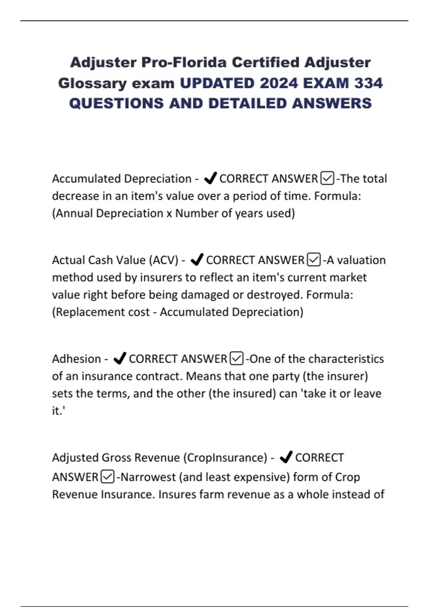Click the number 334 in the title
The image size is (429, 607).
pos(368,83)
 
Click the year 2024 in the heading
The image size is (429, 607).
pos(279,83)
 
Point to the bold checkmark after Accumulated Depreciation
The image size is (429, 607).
pos(210,178)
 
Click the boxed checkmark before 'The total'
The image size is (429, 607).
pos(327,178)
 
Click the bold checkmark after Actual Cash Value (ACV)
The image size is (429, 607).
pos(197,260)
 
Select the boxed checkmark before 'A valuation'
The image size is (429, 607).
pos(314,260)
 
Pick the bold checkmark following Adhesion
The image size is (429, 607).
pos(119,358)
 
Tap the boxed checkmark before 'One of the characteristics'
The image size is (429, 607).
pos(237,358)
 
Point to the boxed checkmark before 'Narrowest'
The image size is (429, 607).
pos(108,477)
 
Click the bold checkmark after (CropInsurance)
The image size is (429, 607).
pos(286,457)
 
